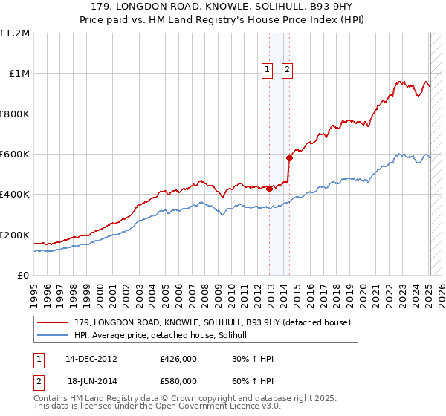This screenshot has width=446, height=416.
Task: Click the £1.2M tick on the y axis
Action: tap(15, 33)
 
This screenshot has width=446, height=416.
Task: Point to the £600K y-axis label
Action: tap(15, 155)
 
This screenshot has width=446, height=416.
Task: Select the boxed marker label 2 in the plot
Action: tap(287, 71)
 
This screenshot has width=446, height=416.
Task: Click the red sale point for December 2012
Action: tap(269, 189)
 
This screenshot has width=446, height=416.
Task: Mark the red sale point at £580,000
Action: tap(289, 157)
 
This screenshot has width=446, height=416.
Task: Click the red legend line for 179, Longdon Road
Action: tap(54, 323)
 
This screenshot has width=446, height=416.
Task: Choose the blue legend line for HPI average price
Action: tap(54, 335)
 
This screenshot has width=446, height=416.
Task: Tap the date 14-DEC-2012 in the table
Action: tap(91, 359)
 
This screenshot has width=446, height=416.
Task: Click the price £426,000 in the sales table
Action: tap(178, 359)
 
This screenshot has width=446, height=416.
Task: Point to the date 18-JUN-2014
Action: tap(91, 383)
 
